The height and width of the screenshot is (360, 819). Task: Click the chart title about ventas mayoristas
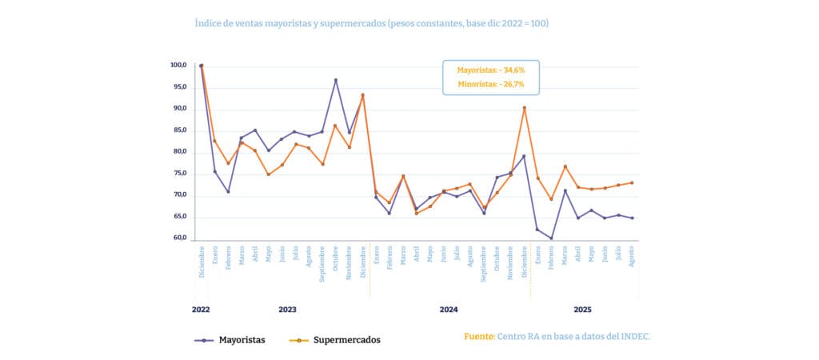coord(371,23)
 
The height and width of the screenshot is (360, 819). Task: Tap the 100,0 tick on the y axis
coord(178,66)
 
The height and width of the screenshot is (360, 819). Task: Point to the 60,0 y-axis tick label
coord(178,238)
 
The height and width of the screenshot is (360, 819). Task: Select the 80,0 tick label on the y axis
coord(178,152)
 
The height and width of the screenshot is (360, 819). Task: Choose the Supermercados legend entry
coord(334,340)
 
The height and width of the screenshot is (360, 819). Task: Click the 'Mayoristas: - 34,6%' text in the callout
coord(491,70)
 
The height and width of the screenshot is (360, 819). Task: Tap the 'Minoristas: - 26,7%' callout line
coord(491,84)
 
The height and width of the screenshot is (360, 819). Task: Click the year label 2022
coord(200,309)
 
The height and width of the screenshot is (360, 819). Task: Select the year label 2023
coord(288,309)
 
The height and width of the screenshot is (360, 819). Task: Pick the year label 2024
coord(449,309)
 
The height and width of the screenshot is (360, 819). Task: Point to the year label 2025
coord(582,309)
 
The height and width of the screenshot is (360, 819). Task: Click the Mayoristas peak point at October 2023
coord(336,80)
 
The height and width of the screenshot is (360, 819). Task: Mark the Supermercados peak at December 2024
coord(524,108)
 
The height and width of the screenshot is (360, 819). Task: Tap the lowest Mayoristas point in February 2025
coord(551,238)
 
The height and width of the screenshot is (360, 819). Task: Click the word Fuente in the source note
coord(478,336)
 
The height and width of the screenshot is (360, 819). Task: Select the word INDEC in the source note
coord(636,336)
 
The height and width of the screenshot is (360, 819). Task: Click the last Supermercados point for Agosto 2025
coord(632,182)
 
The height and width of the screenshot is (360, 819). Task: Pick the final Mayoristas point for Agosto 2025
coord(632,218)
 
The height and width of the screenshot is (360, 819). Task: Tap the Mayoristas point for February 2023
coord(228,191)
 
